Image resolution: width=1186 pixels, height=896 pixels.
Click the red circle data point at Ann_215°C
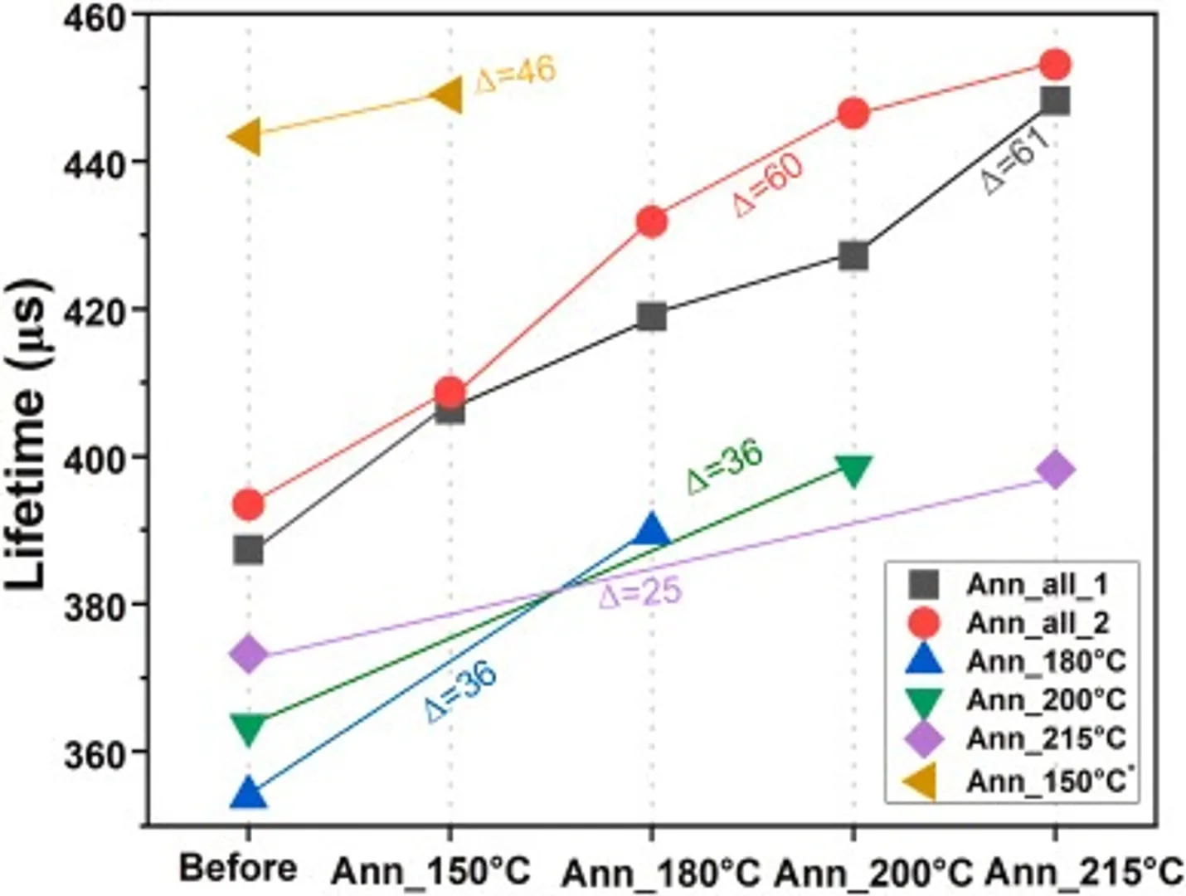(x=1055, y=64)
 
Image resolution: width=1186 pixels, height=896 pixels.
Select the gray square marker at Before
(x=248, y=549)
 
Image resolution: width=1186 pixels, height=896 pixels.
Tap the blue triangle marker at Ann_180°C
(x=651, y=531)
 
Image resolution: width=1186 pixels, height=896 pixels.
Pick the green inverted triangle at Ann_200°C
(x=853, y=470)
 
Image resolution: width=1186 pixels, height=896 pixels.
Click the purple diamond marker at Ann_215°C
(x=1055, y=470)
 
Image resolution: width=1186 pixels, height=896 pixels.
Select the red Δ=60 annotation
(x=768, y=184)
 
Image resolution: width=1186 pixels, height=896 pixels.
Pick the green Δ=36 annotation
(x=724, y=467)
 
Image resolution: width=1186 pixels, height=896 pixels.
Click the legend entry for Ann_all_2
(x=1037, y=622)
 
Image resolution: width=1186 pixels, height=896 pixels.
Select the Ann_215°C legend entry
(x=1045, y=738)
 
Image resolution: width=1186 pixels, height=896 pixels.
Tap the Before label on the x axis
(x=238, y=869)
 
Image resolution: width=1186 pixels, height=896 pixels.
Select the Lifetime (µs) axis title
(x=28, y=436)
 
